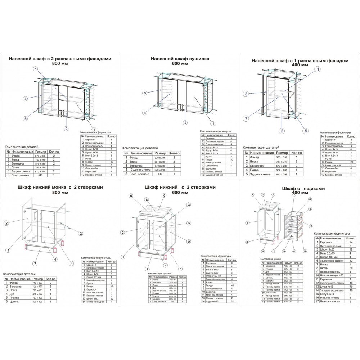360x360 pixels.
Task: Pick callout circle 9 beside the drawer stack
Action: pyautogui.click(x=309, y=208)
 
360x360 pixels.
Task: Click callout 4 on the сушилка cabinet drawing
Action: pyautogui.click(x=144, y=113)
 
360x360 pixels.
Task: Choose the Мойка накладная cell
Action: pyautogui.click(x=95, y=302)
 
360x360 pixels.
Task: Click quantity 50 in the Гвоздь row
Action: pyautogui.click(x=350, y=268)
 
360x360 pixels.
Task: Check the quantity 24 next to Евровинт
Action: pyautogui.click(x=350, y=242)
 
